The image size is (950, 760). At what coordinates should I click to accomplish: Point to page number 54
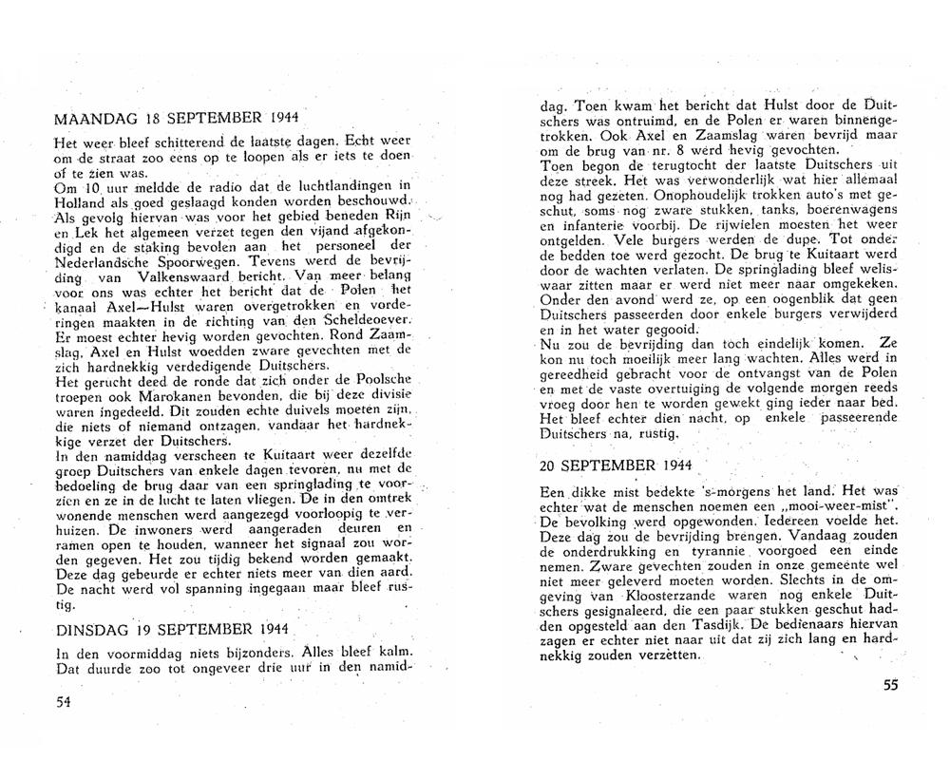(x=64, y=702)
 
